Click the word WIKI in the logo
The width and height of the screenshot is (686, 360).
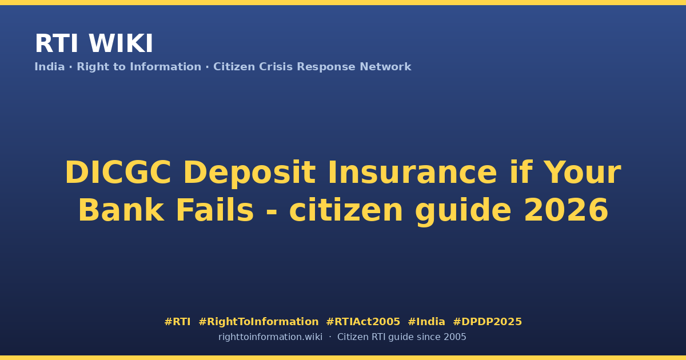(x=121, y=43)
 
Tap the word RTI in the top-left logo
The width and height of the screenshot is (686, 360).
(x=57, y=43)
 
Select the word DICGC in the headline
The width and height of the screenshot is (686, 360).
(x=118, y=173)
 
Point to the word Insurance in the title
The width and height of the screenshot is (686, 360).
(x=412, y=173)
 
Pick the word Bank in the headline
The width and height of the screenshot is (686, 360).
(x=121, y=210)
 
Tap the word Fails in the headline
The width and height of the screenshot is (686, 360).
(x=215, y=210)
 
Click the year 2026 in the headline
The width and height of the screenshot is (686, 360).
(x=567, y=210)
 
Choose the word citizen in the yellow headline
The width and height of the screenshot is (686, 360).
(x=346, y=210)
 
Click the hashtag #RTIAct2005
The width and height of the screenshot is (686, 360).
(x=363, y=322)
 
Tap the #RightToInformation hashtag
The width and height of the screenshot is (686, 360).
(x=259, y=322)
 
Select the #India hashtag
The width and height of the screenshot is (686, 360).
(x=426, y=322)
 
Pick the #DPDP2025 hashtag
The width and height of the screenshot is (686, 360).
(x=487, y=322)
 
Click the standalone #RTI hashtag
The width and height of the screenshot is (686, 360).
(x=178, y=322)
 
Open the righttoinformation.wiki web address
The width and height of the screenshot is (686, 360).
(x=270, y=337)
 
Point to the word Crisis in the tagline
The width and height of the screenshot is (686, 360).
(x=276, y=67)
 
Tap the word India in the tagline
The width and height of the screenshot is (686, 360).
(x=50, y=67)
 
